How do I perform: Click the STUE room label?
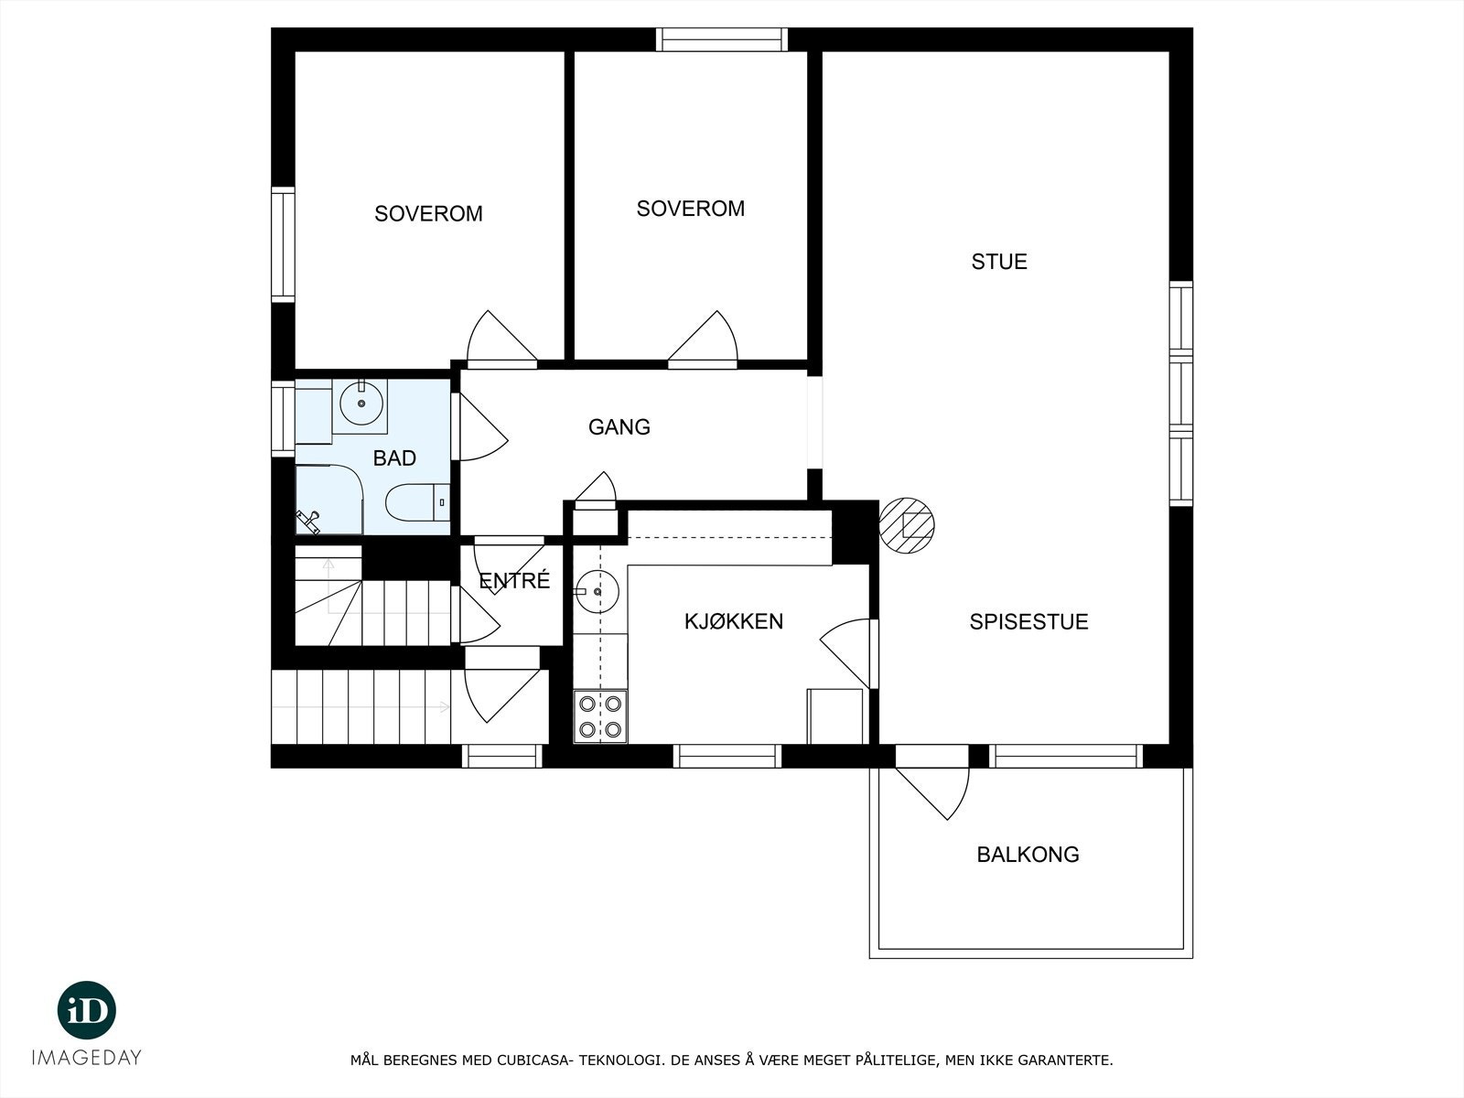(999, 262)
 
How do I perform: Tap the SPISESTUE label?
(1028, 622)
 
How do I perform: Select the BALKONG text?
(1028, 855)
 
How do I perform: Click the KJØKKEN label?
(734, 622)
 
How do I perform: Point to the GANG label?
(619, 427)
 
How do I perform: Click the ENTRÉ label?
(514, 581)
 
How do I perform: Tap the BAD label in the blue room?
(394, 458)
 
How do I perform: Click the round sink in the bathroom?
(361, 403)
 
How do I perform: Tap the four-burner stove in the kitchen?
(600, 716)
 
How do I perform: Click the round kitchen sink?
(597, 592)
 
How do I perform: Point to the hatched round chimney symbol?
(907, 525)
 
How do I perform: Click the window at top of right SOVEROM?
(722, 39)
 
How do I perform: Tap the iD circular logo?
(87, 1011)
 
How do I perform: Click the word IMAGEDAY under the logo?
(87, 1058)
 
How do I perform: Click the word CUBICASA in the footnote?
(534, 1060)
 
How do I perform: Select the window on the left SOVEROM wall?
(283, 244)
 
